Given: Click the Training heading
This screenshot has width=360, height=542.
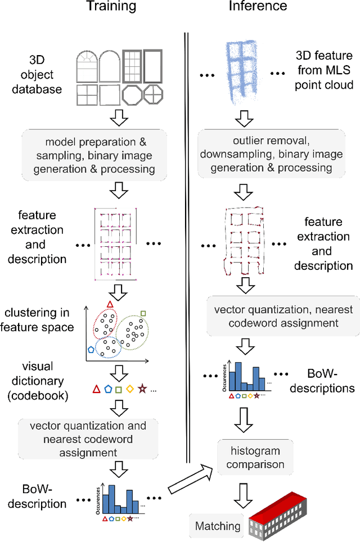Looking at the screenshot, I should coord(111,7).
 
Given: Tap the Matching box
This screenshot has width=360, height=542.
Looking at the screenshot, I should coord(217,526).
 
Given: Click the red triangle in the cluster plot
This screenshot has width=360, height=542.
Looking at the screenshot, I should coord(110,304).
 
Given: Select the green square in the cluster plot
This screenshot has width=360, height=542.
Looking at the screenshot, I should coord(143,313).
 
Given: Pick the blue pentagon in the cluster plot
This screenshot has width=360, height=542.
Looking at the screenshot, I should coord(90,349).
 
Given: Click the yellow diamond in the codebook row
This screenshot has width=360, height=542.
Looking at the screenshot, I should coord(130,389).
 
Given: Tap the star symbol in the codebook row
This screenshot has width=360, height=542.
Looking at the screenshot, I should coord(142,389).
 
